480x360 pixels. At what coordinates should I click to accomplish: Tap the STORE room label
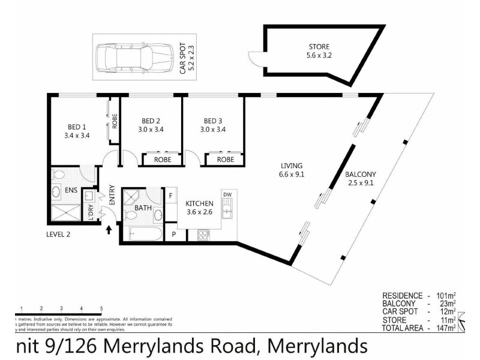[319, 47]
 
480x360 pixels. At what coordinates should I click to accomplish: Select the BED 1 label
[77, 127]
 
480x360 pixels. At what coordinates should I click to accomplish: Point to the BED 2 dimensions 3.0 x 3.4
[151, 129]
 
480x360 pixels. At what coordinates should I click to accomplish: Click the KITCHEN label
[199, 203]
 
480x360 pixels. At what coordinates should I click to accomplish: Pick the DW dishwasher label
[227, 194]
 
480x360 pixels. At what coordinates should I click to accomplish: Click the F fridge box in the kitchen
[170, 195]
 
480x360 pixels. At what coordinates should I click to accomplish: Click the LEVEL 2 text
[58, 234]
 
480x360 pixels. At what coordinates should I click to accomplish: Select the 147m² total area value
[445, 328]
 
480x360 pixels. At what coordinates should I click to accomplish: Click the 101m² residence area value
[445, 296]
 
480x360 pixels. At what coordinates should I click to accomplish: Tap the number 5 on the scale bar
[101, 308]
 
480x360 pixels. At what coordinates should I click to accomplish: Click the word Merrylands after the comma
[316, 346]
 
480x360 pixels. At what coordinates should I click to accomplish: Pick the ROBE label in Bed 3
[225, 160]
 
